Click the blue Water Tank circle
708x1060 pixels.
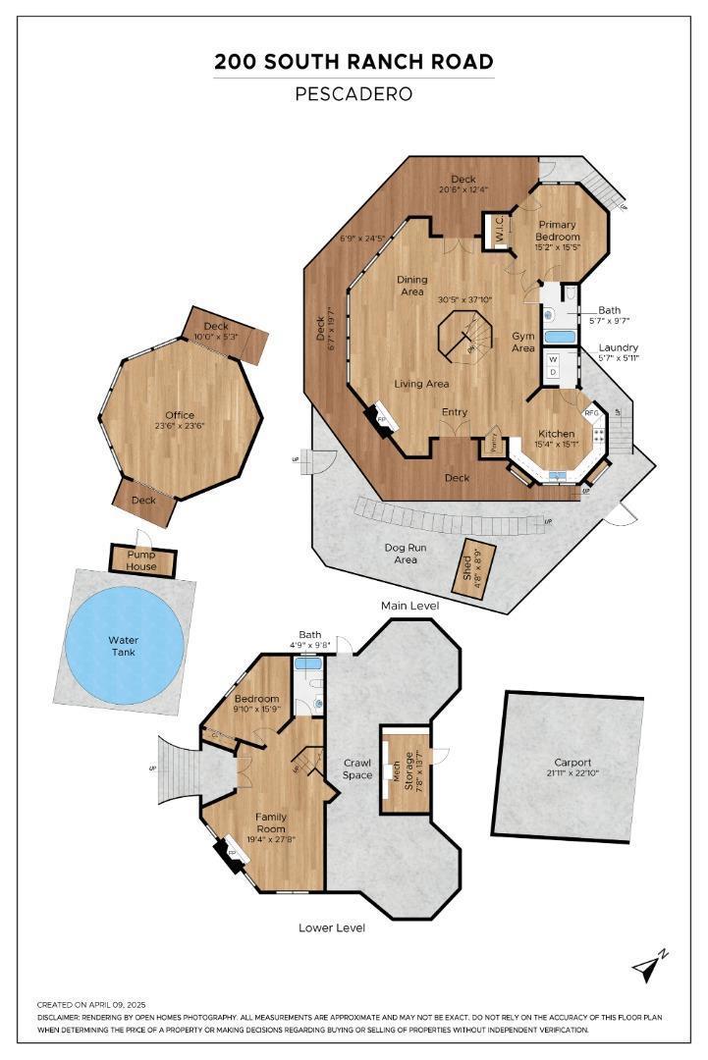pyautogui.click(x=125, y=646)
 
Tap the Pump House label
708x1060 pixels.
pyautogui.click(x=142, y=561)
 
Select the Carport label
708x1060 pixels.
pyautogui.click(x=572, y=762)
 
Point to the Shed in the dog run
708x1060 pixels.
pyautogui.click(x=469, y=568)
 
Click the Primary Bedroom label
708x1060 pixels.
pyautogui.click(x=557, y=231)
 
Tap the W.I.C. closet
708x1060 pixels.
pyautogui.click(x=498, y=232)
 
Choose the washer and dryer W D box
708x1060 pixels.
pyautogui.click(x=553, y=365)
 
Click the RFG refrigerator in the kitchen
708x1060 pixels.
pyautogui.click(x=592, y=413)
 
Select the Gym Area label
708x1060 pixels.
pyautogui.click(x=523, y=342)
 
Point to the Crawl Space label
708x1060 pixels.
pyautogui.click(x=357, y=768)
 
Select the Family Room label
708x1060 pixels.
pyautogui.click(x=271, y=822)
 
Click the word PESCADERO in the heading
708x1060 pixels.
pyautogui.click(x=354, y=95)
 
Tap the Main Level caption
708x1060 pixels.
pyautogui.click(x=411, y=606)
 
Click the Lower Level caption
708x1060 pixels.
pyautogui.click(x=332, y=927)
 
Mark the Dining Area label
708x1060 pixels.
pyautogui.click(x=411, y=286)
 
